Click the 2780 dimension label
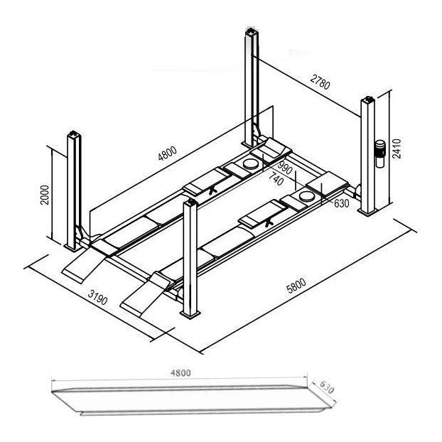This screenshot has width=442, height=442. [320, 82]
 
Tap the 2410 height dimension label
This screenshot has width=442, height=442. [397, 149]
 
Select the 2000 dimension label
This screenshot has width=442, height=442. [45, 195]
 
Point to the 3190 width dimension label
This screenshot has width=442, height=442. [98, 298]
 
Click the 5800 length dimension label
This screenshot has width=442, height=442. [296, 286]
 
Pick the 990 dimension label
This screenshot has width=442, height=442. [284, 168]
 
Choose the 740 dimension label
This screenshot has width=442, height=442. [276, 179]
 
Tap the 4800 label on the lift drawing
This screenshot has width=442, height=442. [168, 153]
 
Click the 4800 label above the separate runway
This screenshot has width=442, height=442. [180, 373]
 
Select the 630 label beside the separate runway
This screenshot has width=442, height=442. [327, 387]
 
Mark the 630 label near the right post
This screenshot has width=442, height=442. [341, 203]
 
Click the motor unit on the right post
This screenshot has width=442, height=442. [381, 153]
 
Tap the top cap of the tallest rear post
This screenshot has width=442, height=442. [252, 31]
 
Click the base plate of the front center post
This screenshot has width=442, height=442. [190, 314]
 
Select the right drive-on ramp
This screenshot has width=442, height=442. [144, 293]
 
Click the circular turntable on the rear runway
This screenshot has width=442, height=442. [251, 164]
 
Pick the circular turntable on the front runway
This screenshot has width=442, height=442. [307, 196]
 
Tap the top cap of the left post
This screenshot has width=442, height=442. [74, 134]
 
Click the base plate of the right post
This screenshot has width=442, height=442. [368, 212]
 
